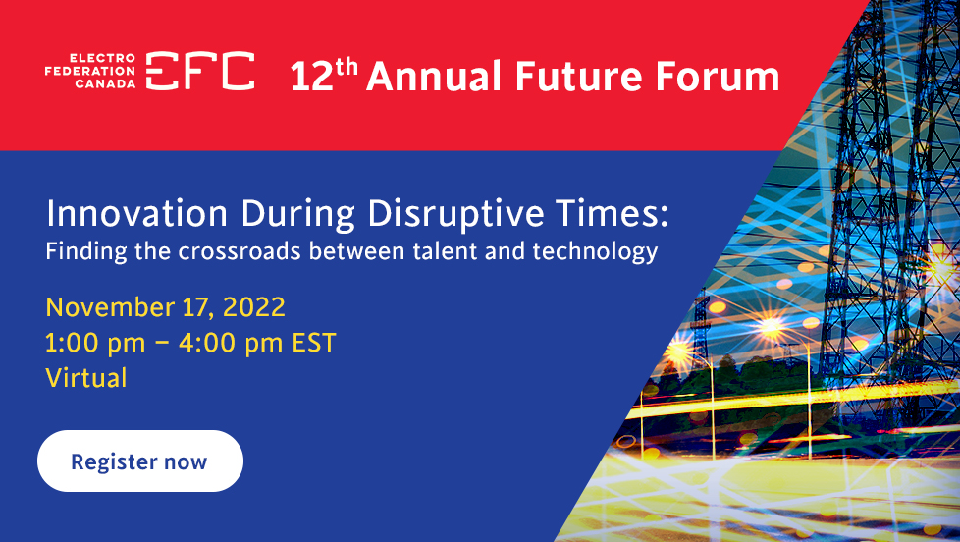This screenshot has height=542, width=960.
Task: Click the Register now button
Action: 140,461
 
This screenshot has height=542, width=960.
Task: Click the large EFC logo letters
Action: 200,71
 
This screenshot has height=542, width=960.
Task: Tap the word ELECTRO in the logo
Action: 102,58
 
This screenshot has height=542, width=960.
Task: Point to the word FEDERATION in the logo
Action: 90,71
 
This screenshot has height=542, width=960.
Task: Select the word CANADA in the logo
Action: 105,83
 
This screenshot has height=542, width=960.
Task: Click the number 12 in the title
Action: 311,77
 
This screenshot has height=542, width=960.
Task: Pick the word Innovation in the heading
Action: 137,214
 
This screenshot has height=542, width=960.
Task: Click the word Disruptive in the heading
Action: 455,214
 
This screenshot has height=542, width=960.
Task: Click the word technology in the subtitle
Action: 595,252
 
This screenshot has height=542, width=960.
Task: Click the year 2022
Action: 254,307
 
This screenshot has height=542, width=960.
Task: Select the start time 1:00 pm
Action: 95,343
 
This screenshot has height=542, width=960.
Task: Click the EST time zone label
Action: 314,343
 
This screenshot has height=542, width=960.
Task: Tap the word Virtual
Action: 86,378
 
